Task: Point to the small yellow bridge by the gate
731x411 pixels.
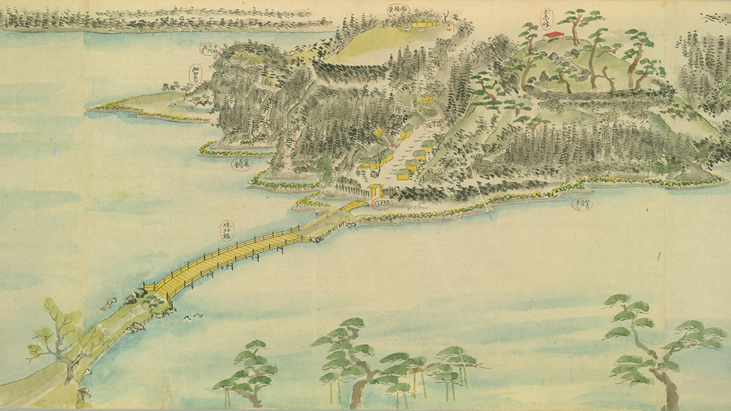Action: (x=354, y=206)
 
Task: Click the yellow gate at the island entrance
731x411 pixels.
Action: (x=373, y=191)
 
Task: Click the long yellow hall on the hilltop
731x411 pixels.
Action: (x=425, y=24)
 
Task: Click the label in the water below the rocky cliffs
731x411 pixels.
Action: (x=242, y=164)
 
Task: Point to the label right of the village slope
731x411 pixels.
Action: (x=433, y=126)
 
